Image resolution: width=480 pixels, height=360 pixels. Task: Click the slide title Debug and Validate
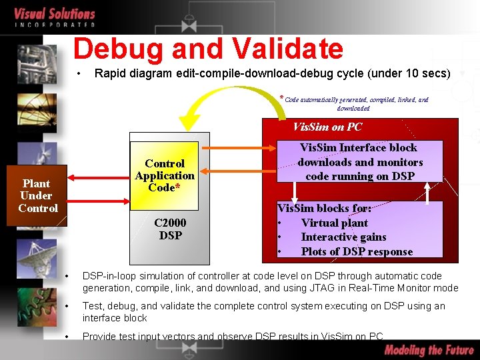point(208,49)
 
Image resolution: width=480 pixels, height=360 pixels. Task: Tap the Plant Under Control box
point(37,195)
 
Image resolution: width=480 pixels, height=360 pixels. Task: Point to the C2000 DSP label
point(170,229)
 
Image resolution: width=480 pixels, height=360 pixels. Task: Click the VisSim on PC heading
point(327,127)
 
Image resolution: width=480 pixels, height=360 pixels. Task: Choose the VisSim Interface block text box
point(360,161)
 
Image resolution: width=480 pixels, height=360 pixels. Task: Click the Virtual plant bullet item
point(335,223)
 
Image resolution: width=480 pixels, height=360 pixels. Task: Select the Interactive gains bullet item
point(343,237)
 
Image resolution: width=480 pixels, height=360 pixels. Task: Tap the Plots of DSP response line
point(356,251)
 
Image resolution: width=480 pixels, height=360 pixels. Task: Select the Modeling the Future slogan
point(428,350)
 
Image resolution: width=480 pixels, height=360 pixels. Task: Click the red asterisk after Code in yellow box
point(177,188)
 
